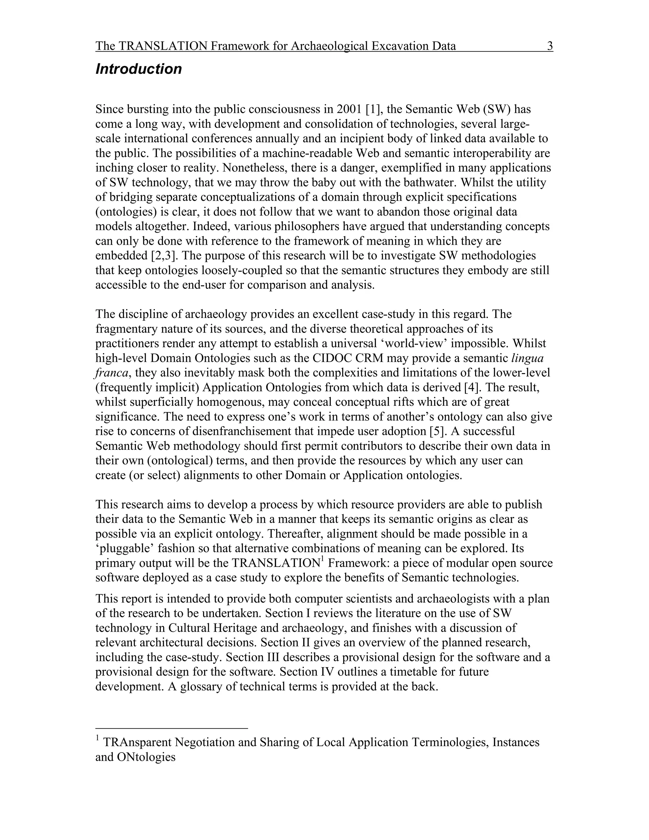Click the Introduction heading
coord(138,69)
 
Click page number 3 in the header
coord(550,46)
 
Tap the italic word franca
coord(111,373)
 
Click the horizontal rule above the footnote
coord(171,728)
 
